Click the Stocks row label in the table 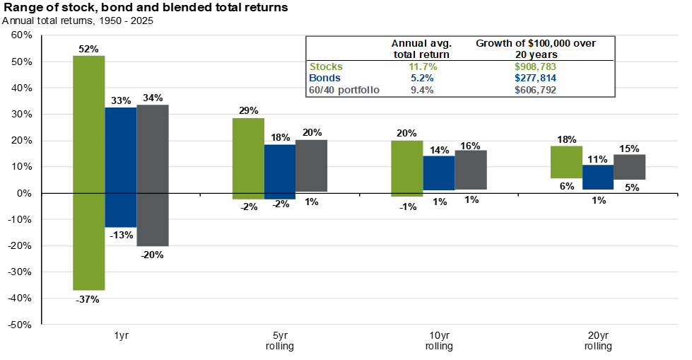326,66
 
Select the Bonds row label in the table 324,78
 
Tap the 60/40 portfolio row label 344,90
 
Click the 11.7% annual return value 422,66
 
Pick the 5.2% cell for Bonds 422,78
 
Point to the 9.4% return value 422,90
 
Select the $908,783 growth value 535,66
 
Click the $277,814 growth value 535,78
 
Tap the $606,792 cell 535,90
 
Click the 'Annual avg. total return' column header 421,49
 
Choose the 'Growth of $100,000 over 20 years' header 535,49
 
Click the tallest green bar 89,173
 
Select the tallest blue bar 121,168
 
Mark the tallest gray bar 153,175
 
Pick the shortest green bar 567,162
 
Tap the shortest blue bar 598,177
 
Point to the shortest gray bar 630,167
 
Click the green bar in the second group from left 248,158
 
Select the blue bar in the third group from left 438,173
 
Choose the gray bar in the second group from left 312,166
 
